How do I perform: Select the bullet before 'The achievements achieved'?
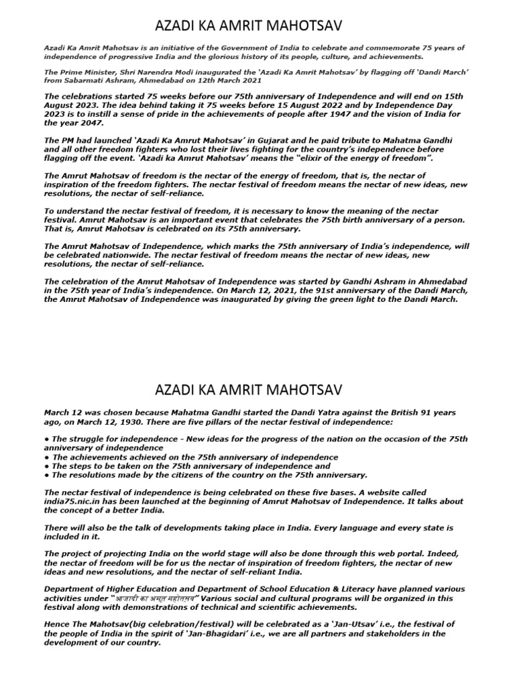(46, 456)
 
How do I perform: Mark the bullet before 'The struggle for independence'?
(46, 439)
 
